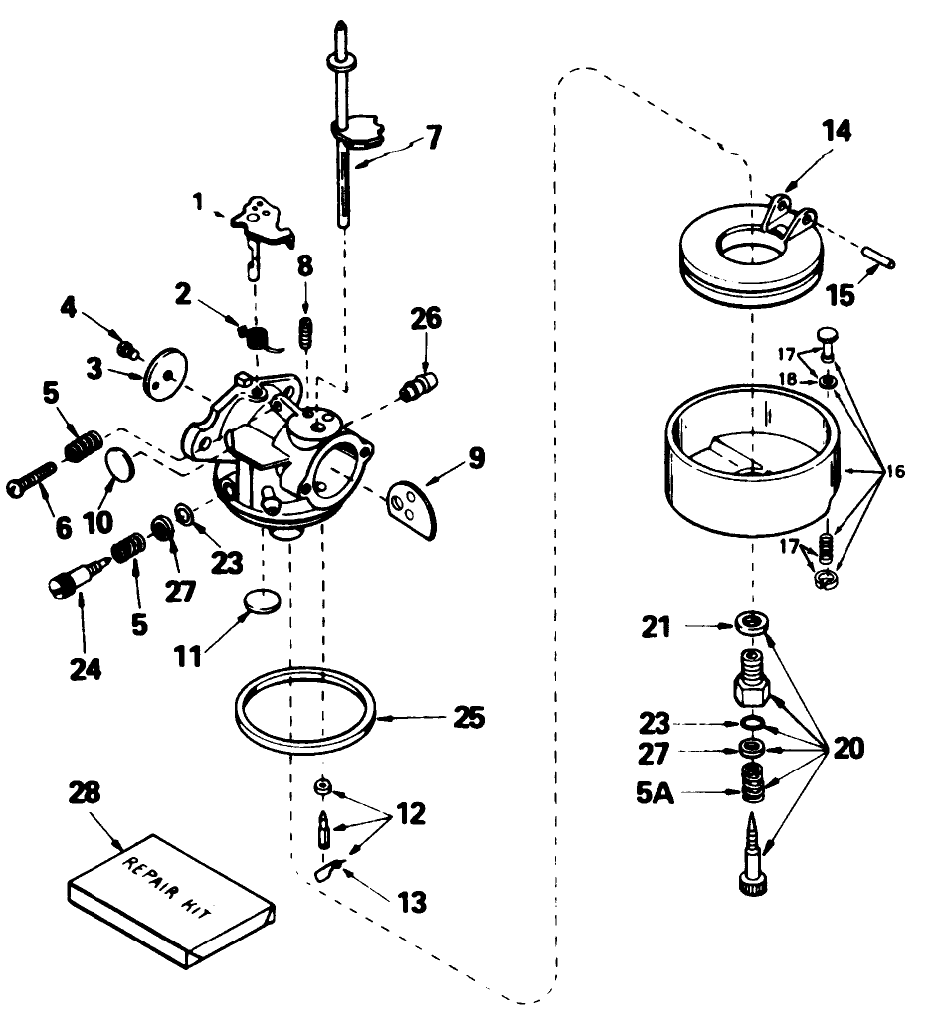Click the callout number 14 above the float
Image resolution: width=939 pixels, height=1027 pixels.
[837, 132]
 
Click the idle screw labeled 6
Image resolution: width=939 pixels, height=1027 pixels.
[38, 483]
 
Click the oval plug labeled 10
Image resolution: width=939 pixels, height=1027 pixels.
[117, 464]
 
